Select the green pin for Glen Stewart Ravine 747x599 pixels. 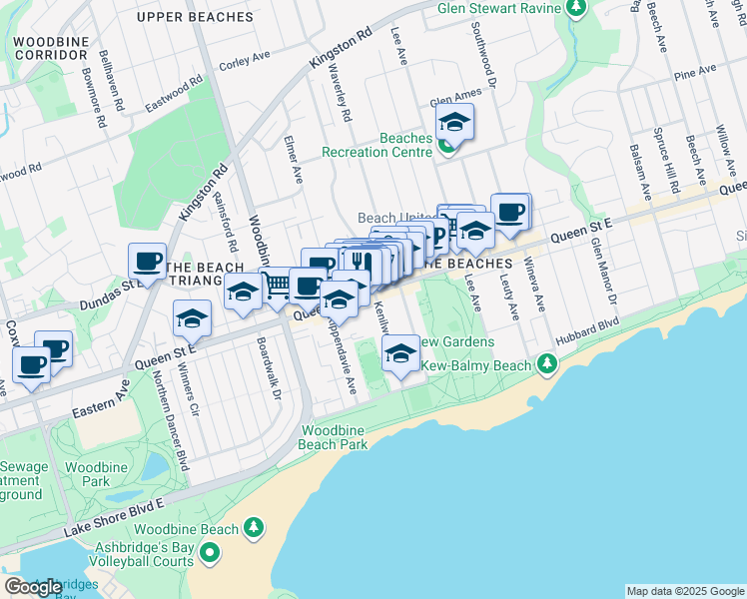(576, 9)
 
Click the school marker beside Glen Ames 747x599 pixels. (454, 124)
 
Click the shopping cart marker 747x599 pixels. (277, 288)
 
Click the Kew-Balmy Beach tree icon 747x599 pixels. (545, 365)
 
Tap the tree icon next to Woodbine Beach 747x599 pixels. (254, 528)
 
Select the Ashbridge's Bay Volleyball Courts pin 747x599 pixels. (210, 553)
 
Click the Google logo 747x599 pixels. (33, 587)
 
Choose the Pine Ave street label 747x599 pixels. (695, 72)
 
